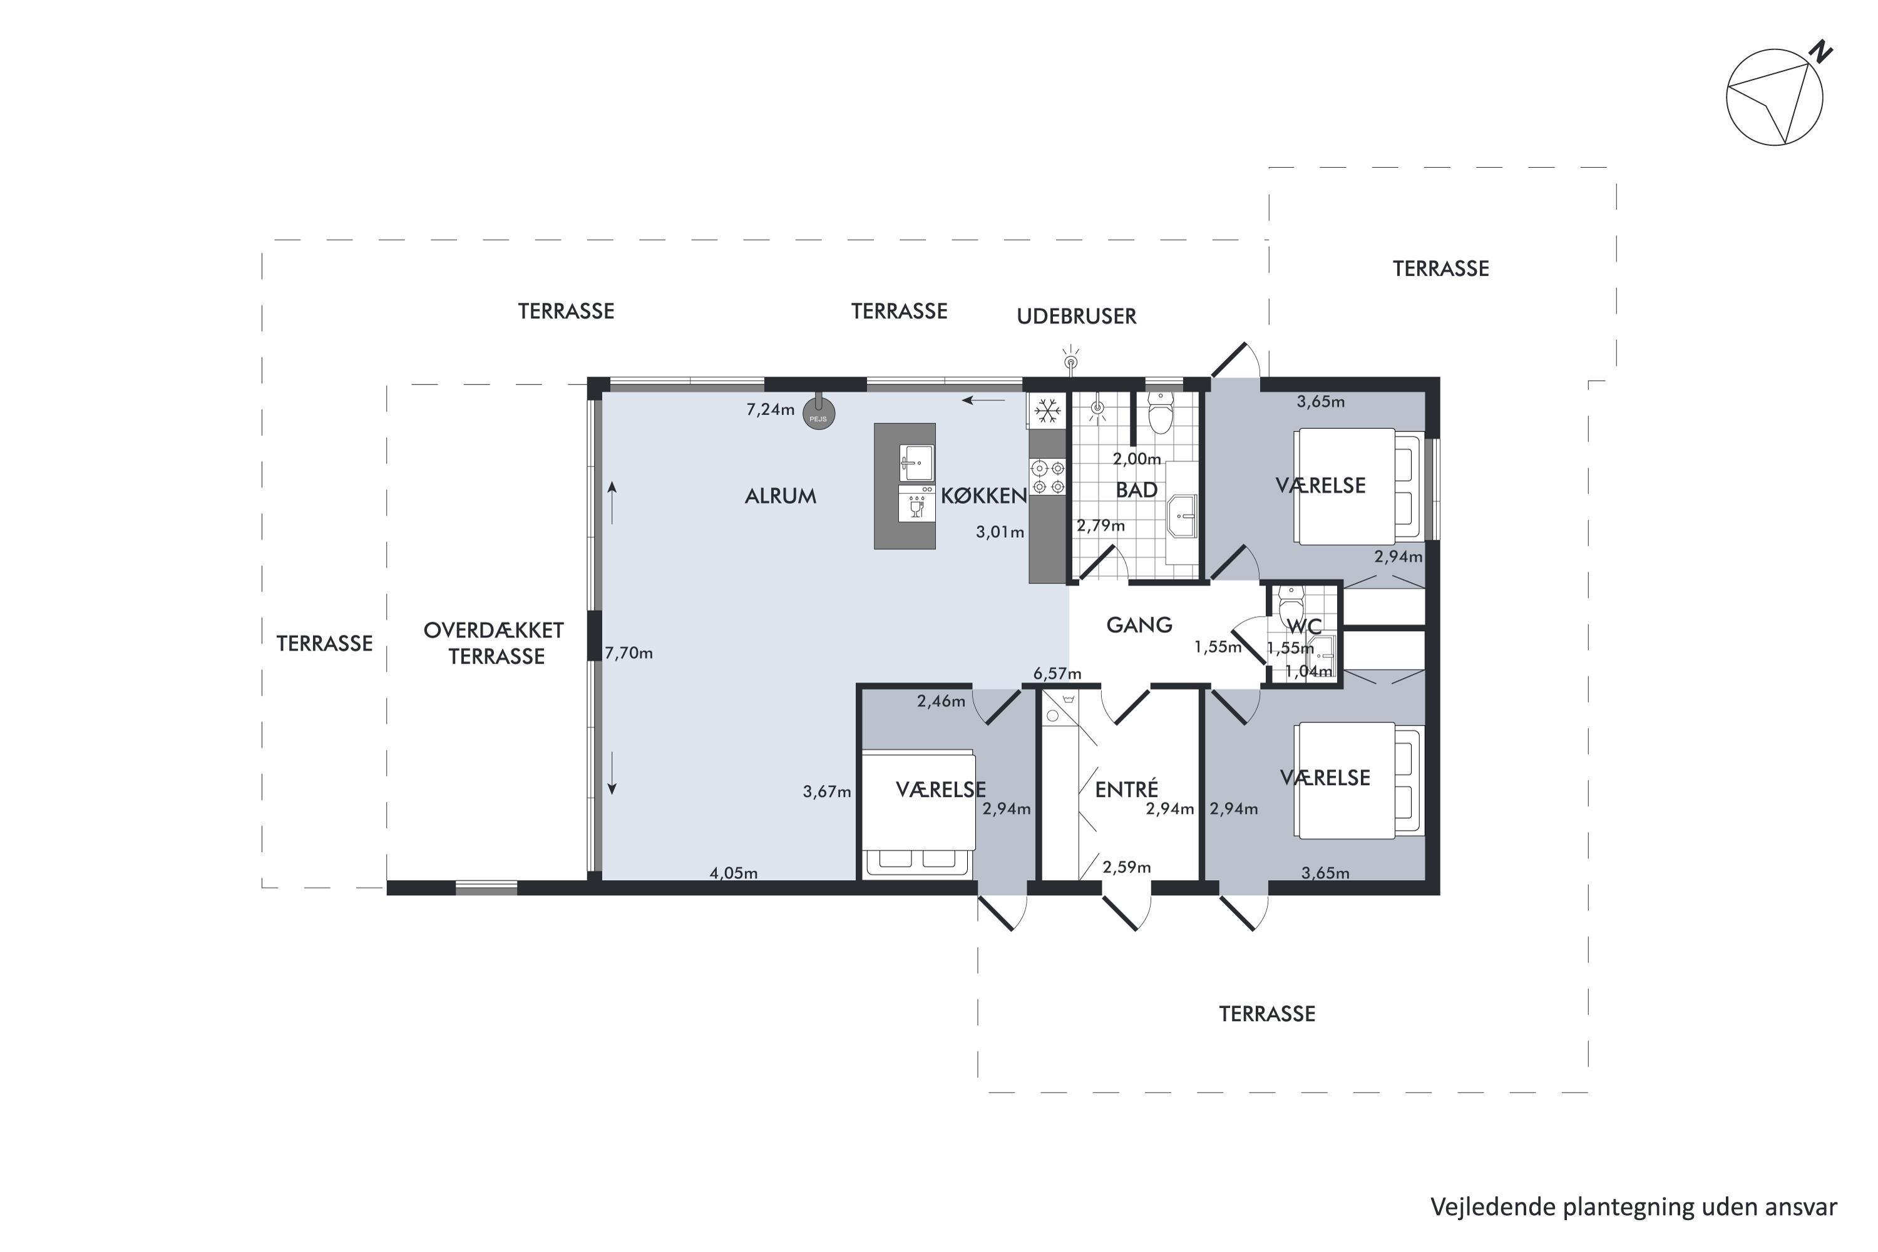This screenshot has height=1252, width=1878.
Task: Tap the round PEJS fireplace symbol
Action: (x=818, y=414)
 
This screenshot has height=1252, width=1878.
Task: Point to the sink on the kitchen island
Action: (x=916, y=463)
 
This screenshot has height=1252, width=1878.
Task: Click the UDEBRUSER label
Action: (x=1076, y=316)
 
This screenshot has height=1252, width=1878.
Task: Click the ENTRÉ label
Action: (x=1126, y=789)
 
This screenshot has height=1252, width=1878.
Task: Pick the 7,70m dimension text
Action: (x=629, y=653)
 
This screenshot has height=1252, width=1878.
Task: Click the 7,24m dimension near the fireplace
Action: (x=771, y=409)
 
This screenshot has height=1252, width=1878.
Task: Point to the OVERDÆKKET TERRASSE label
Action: (x=495, y=643)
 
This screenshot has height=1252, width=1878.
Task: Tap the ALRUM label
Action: (x=780, y=496)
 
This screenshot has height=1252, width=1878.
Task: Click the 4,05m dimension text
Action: (x=734, y=873)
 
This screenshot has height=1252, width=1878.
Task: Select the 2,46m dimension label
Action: (x=941, y=702)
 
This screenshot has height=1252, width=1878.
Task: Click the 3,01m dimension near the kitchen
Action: (x=1000, y=531)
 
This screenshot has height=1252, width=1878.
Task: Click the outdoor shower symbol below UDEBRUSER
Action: (x=1070, y=361)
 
